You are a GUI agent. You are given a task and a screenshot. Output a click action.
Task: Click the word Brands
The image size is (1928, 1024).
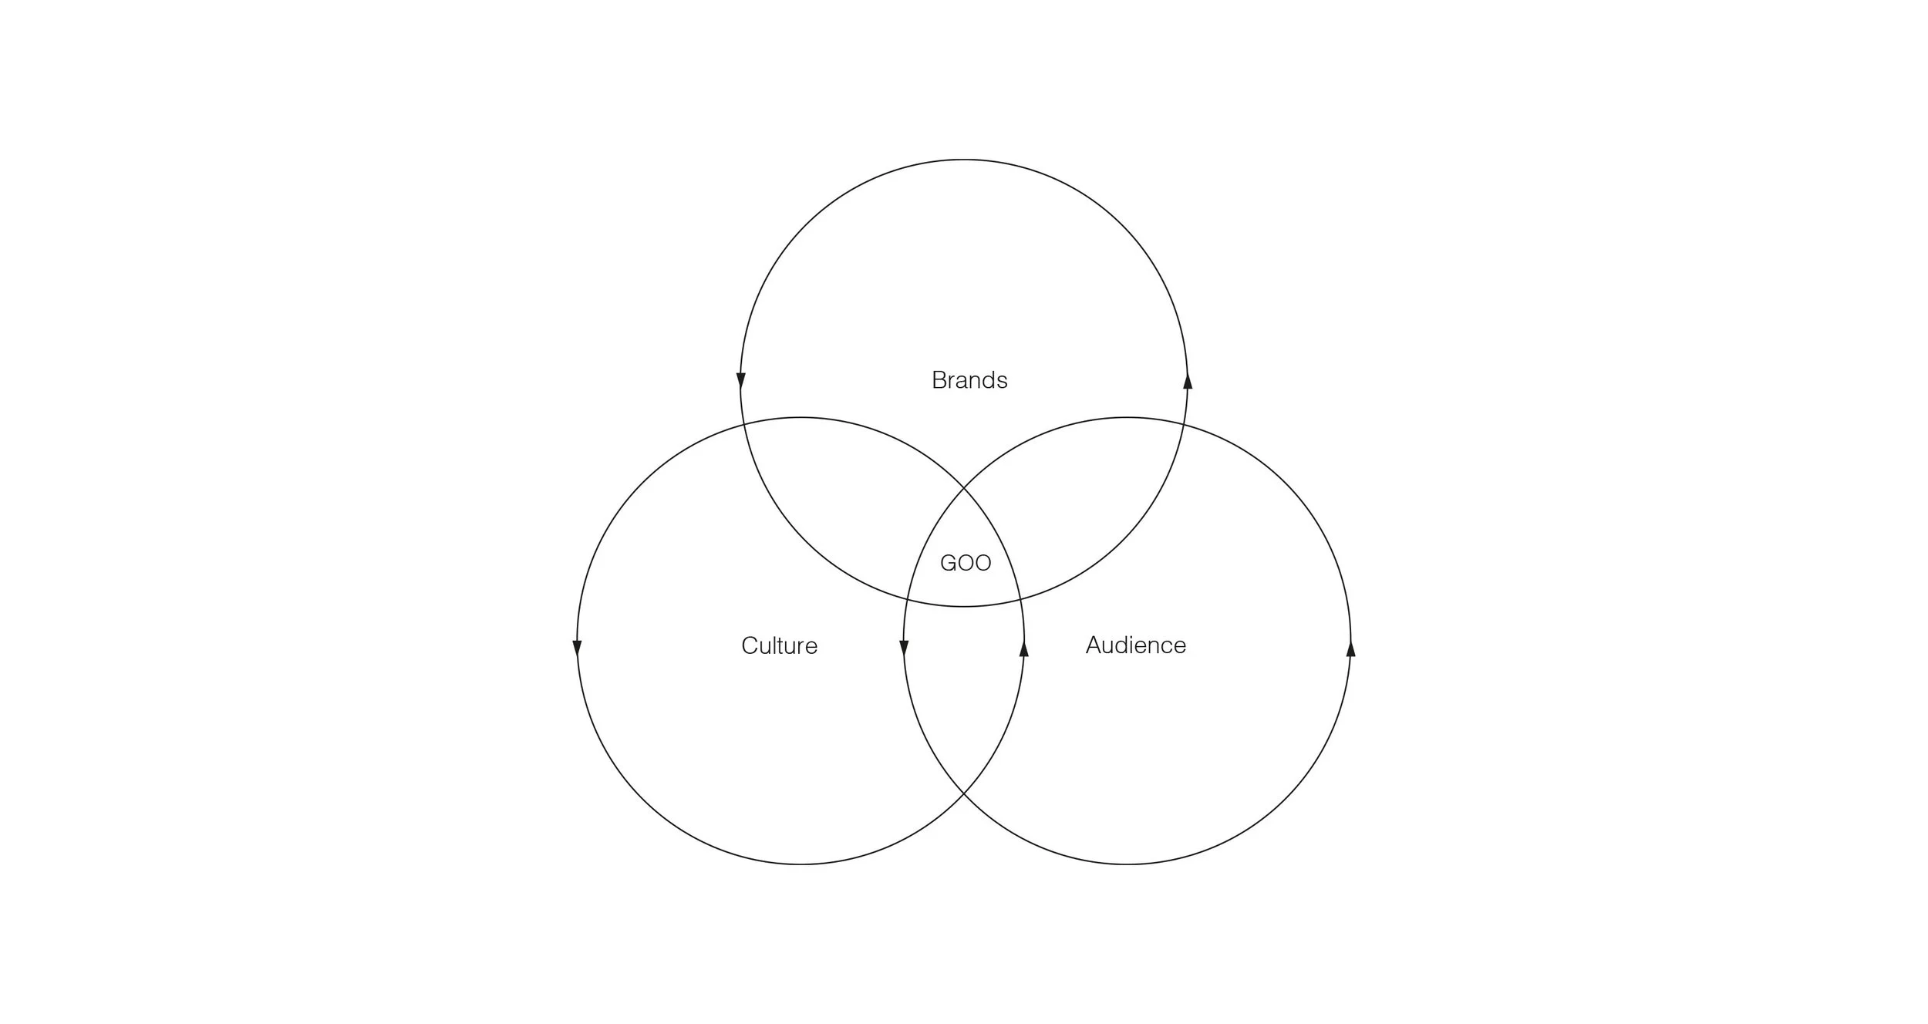[969, 380]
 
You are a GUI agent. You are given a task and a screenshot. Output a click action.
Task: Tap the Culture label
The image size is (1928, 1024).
[779, 645]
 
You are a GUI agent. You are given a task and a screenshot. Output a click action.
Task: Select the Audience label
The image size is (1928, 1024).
[1135, 645]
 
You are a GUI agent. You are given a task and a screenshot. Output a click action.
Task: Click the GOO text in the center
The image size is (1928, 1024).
[966, 563]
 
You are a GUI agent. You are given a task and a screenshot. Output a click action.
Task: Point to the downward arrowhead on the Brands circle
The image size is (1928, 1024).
[741, 380]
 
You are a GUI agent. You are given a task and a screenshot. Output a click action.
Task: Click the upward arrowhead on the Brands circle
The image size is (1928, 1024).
[1188, 380]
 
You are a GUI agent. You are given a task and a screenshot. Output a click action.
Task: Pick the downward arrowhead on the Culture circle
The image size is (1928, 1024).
[577, 648]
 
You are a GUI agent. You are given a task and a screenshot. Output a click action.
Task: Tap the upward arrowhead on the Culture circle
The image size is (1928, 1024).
[1024, 648]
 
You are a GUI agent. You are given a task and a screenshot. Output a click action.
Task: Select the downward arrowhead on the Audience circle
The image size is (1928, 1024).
[904, 648]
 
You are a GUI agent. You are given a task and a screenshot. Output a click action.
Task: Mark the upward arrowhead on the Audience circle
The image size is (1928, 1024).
[1350, 648]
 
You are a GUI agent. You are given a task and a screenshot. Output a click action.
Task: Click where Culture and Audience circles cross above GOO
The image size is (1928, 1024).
[964, 488]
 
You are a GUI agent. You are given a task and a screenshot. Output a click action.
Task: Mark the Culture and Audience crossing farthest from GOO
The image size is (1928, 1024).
[964, 793]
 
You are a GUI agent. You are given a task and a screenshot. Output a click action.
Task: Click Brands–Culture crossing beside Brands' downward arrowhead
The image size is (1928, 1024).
[743, 424]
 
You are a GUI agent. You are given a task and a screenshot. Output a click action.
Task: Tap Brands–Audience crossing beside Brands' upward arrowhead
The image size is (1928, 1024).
[1185, 424]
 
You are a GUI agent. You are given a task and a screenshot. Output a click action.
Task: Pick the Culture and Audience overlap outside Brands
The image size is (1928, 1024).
[964, 694]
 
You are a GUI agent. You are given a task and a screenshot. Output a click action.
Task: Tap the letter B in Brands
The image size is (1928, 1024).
[939, 380]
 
